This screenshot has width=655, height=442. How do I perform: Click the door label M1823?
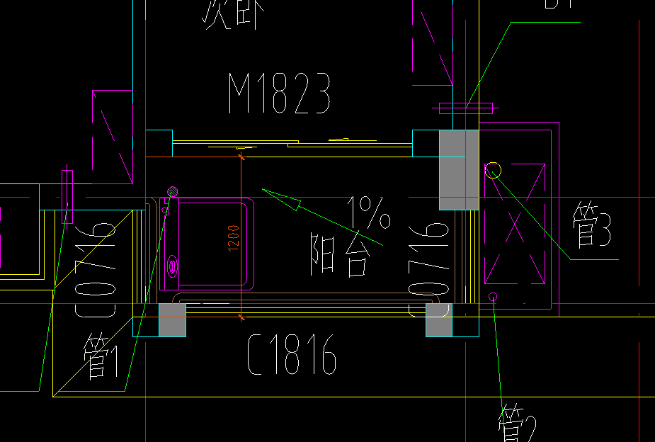point(280,93)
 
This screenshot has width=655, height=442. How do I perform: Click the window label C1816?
point(291,355)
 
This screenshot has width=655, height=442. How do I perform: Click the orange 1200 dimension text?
point(234,237)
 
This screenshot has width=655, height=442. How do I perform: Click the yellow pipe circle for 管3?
point(493,170)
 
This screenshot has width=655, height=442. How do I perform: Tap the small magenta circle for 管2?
point(494,296)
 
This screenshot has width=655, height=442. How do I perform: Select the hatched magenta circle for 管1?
point(171,191)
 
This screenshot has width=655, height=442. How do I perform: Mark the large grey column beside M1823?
point(459,169)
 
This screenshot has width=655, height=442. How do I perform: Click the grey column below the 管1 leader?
point(172,319)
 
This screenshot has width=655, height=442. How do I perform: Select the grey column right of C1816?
point(438,320)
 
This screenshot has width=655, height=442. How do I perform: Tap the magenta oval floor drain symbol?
point(172,266)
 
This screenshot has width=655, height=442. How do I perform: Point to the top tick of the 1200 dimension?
point(242,157)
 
